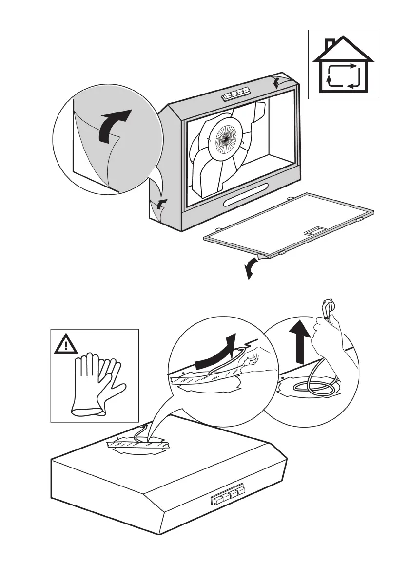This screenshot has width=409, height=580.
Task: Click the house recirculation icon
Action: pyautogui.click(x=344, y=65)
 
